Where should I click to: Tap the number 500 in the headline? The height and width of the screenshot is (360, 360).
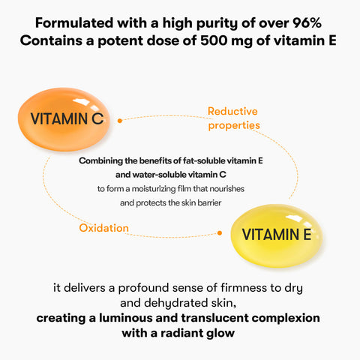[x=214, y=40]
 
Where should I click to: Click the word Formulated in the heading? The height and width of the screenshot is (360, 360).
[x=74, y=23]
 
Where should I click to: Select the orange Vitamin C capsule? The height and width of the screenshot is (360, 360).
[x=64, y=119]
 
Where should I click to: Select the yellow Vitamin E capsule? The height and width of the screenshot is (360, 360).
[x=276, y=235]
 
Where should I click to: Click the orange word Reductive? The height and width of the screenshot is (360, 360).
[x=232, y=111]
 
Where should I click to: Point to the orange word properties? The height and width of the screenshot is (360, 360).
[x=234, y=125]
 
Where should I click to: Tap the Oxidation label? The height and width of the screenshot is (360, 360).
[x=103, y=228]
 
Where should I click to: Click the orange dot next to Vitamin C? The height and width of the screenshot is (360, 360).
[x=120, y=121]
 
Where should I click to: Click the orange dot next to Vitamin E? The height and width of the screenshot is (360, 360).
[x=220, y=233]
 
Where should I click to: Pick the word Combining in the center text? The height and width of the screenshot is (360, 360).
[x=101, y=161]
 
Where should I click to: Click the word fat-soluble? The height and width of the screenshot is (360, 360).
[x=204, y=160]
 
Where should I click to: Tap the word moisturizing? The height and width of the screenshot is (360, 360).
[x=154, y=189]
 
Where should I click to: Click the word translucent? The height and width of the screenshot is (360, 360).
[x=214, y=318]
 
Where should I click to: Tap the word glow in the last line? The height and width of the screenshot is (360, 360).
[x=220, y=334]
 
